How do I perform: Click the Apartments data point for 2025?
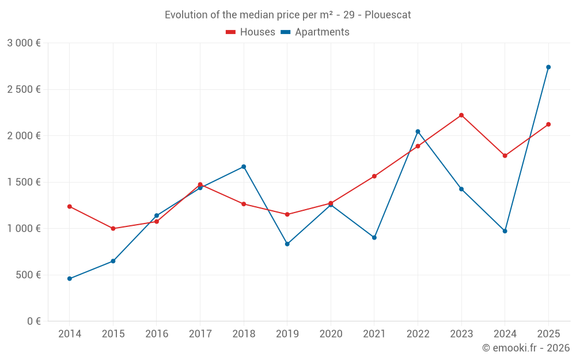[x=548, y=67]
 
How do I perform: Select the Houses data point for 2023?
[x=461, y=115]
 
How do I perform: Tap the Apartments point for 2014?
[x=70, y=279]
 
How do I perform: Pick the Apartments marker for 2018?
[x=244, y=167]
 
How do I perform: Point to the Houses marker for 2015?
[x=113, y=229]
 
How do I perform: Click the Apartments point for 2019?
[x=287, y=244]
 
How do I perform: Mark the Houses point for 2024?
[x=505, y=156]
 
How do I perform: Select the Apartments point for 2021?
[x=374, y=237]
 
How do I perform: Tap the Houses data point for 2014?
[x=70, y=206]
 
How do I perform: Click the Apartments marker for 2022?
[x=418, y=131]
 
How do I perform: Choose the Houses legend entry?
[x=251, y=32]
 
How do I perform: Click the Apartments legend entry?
[x=315, y=32]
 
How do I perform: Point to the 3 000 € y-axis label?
[x=24, y=43]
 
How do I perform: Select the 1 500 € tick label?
[x=24, y=182]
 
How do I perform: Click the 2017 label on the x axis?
[x=200, y=334]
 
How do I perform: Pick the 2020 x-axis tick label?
[x=331, y=334]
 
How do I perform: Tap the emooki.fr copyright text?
[x=525, y=348]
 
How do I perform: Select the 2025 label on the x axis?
[x=548, y=334]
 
